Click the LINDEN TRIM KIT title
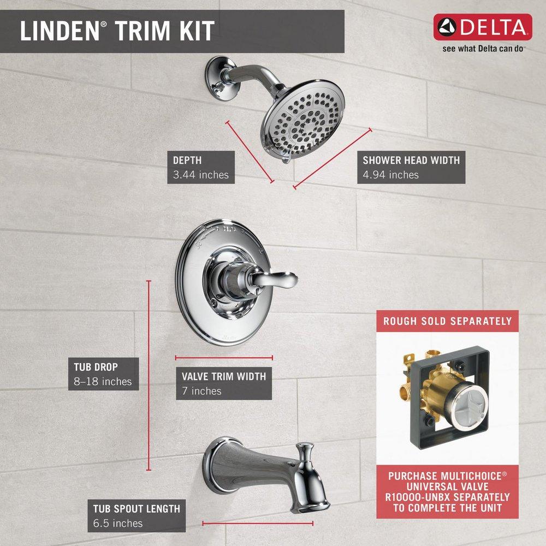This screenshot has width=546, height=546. pyautogui.click(x=117, y=31)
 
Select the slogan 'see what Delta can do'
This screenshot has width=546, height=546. pyautogui.click(x=483, y=48)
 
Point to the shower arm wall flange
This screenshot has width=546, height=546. pyautogui.click(x=217, y=75)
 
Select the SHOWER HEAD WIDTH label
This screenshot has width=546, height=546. pyautogui.click(x=411, y=161)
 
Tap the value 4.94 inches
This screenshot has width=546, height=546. pyautogui.click(x=391, y=175)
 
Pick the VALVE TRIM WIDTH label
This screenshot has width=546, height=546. pyautogui.click(x=224, y=376)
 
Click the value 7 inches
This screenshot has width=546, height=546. pyautogui.click(x=202, y=391)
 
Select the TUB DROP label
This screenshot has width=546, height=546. pyautogui.click(x=96, y=367)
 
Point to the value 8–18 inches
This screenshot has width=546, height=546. pyautogui.click(x=103, y=382)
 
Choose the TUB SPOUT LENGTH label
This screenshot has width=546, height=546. pyautogui.click(x=136, y=509)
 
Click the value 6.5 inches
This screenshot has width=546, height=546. pyautogui.click(x=117, y=524)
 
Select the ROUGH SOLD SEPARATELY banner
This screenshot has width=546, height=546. pyautogui.click(x=447, y=321)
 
